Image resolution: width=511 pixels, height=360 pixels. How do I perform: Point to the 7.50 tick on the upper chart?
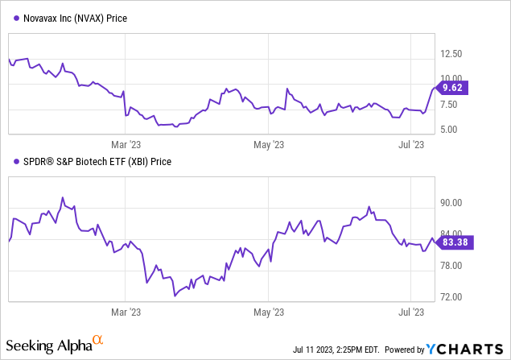pos(448,104)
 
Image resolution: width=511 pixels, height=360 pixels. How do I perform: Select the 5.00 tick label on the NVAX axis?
pos(448,129)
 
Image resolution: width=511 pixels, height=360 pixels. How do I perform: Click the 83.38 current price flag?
pos(454,242)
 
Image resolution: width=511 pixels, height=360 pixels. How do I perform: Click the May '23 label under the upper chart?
pos(268,144)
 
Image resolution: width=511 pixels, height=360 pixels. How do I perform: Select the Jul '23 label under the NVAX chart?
pos(411,144)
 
